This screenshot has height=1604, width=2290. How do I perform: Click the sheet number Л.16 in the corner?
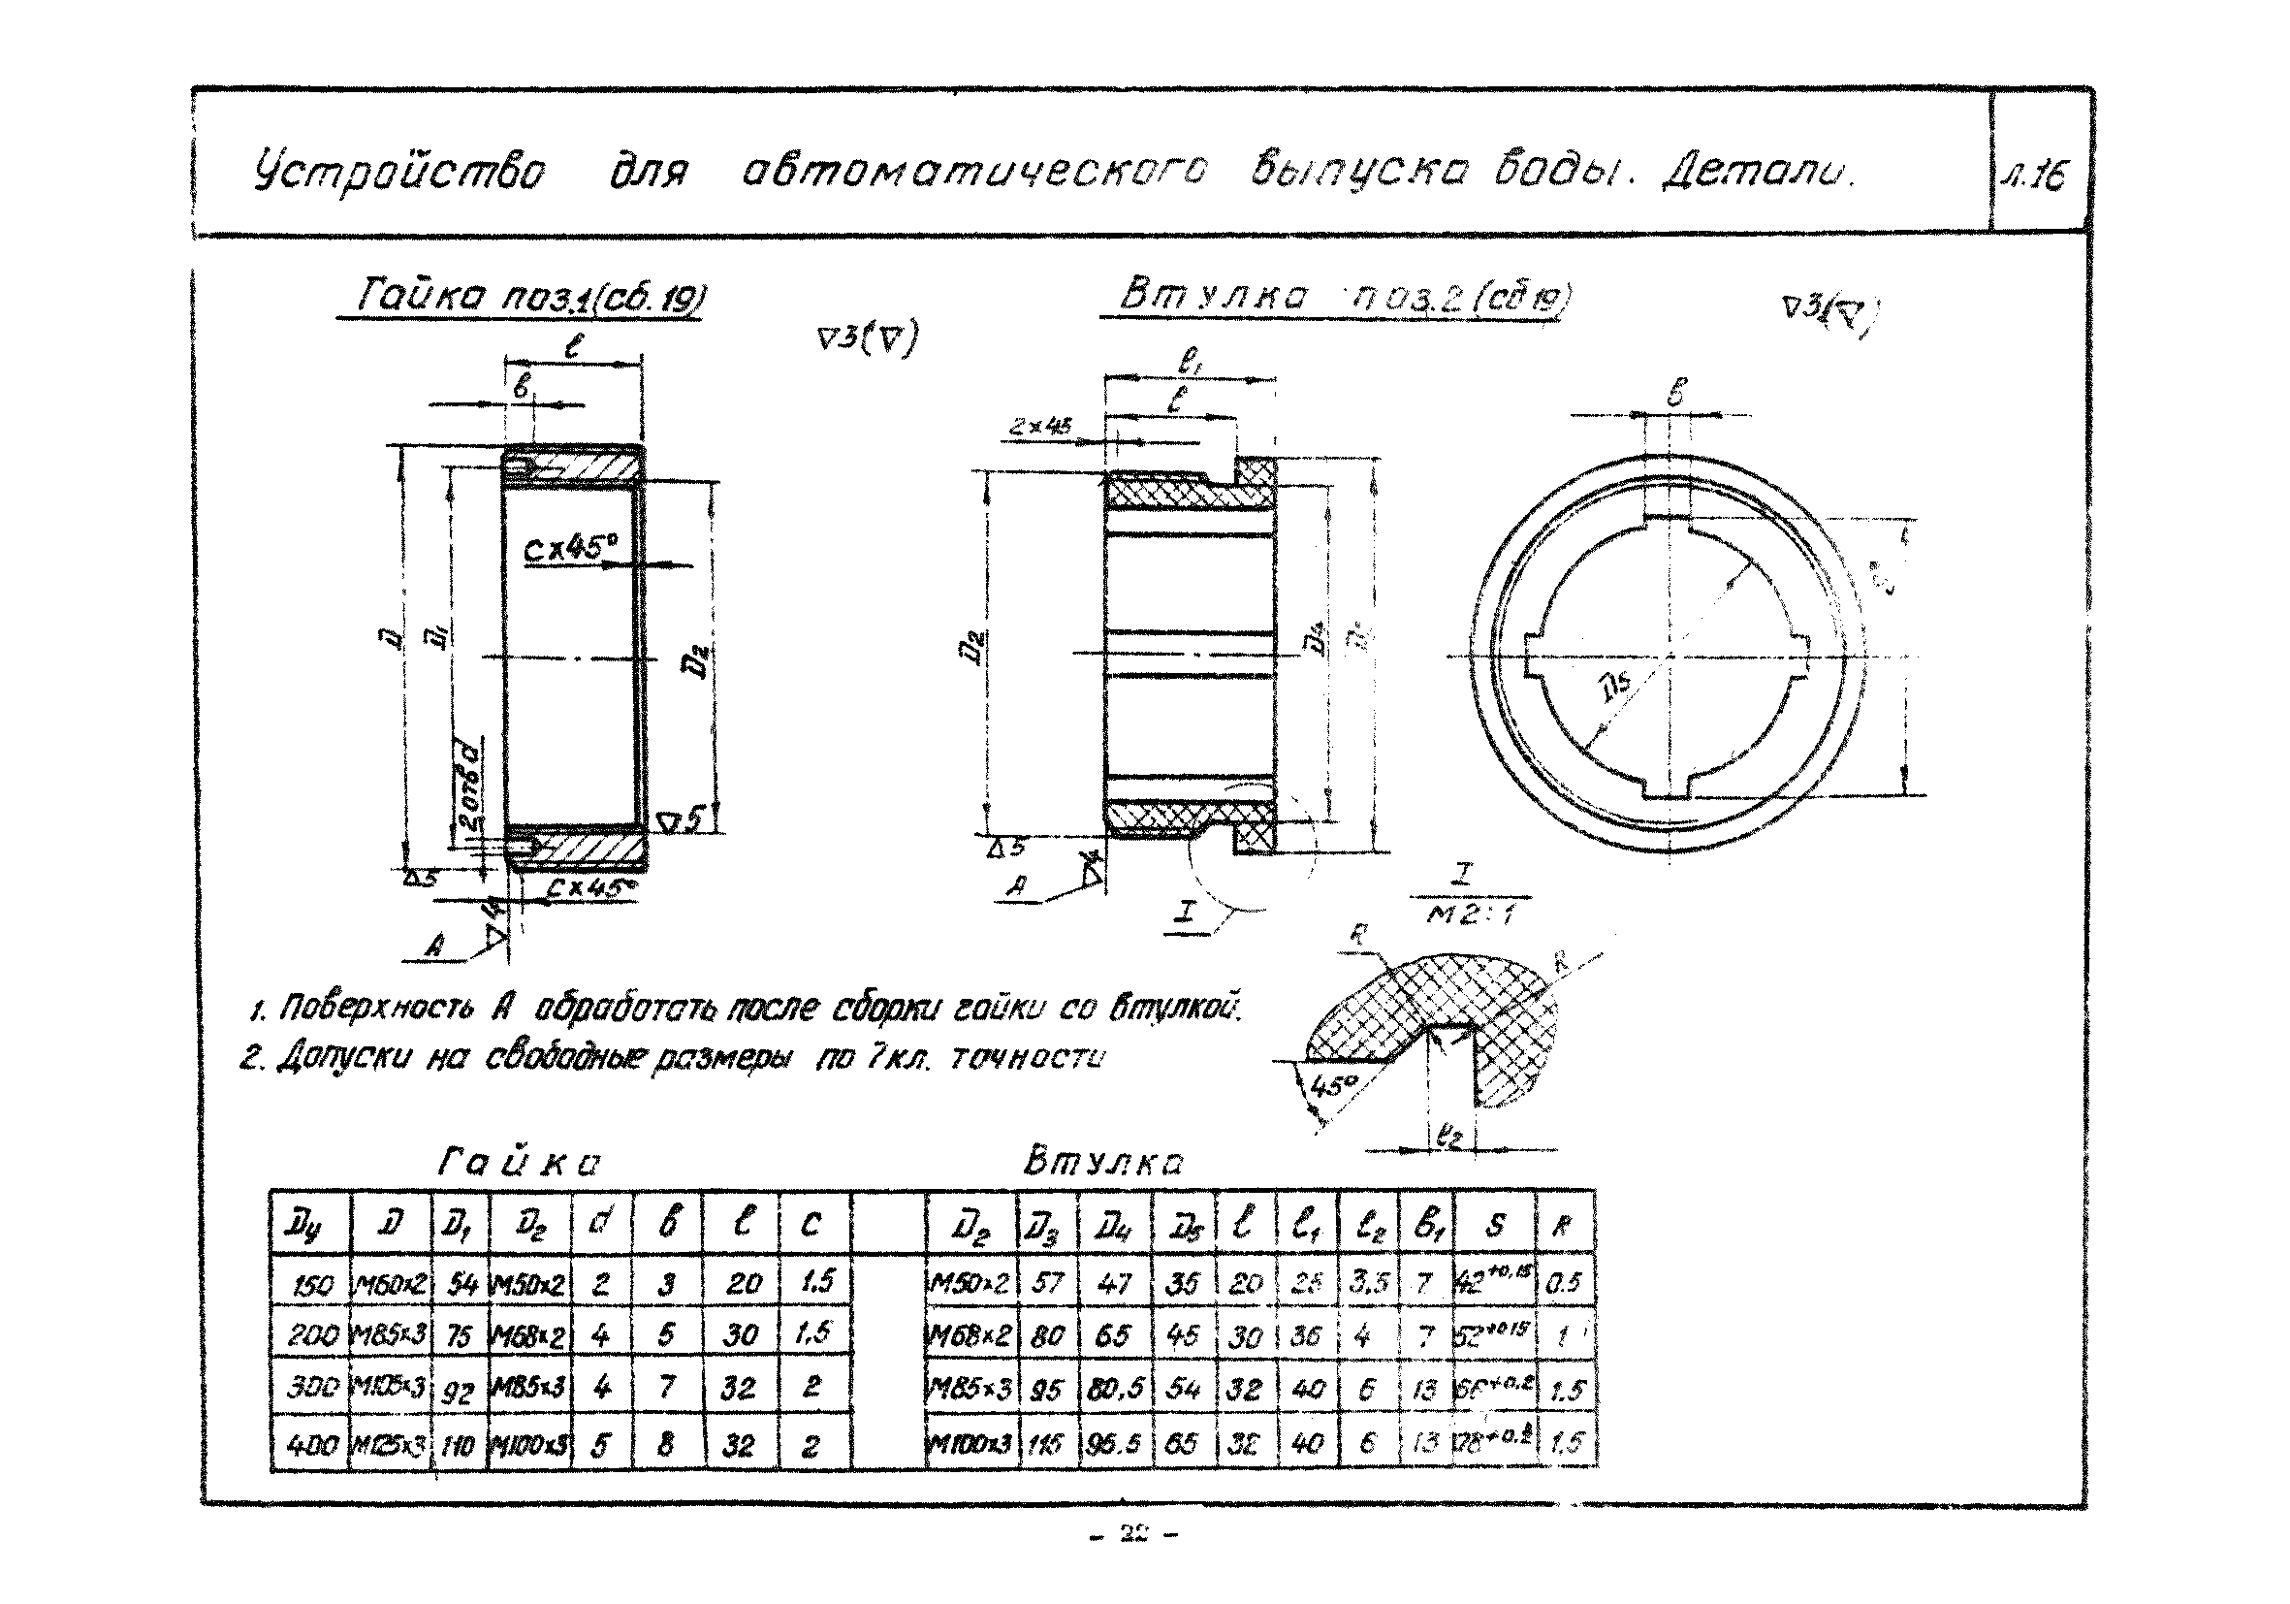point(2038,176)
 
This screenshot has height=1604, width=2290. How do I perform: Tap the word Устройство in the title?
point(398,173)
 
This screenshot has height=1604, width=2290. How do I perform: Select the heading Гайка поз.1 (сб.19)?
point(522,299)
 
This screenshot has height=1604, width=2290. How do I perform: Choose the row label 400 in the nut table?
point(312,1443)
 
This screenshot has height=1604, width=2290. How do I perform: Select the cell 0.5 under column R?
point(1563,1283)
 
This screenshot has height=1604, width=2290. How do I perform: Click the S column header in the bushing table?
point(1494,1225)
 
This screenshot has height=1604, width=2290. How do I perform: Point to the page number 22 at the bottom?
point(1134,1534)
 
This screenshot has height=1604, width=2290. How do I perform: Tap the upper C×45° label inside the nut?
point(570,548)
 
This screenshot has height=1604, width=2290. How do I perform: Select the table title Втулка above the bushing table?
point(1103,1163)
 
